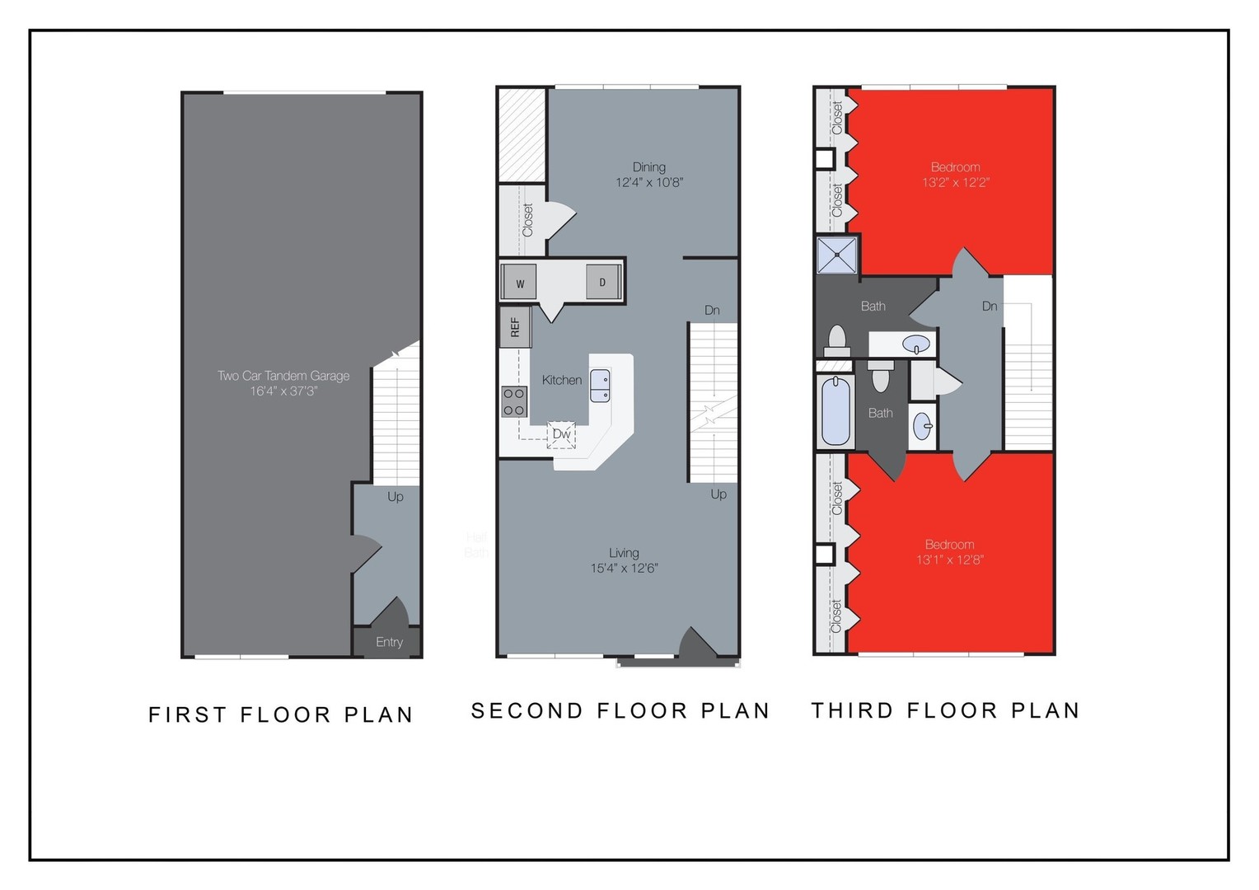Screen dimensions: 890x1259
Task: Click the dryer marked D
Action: pos(602,283)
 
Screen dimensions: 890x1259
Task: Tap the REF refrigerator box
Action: pos(515,327)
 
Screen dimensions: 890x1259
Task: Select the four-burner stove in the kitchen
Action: pos(514,401)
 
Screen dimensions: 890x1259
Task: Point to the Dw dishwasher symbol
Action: pos(561,434)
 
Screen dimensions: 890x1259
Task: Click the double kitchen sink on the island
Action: pos(600,386)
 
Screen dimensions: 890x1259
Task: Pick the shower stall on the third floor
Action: pos(837,255)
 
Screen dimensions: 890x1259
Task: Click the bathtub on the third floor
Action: pos(835,410)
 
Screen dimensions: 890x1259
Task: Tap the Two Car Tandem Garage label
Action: pos(283,376)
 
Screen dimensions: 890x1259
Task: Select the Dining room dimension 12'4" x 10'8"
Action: pos(649,182)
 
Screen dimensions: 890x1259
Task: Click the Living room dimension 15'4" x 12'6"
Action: pos(624,568)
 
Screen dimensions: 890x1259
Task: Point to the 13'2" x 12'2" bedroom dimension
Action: pos(955,182)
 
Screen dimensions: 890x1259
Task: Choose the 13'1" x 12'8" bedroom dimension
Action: pos(950,560)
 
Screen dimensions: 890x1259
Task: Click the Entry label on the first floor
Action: pos(389,642)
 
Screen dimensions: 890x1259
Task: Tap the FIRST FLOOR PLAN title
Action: pos(281,714)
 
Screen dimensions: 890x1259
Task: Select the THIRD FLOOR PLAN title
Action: pos(945,710)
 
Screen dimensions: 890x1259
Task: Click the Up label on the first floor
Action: pos(395,497)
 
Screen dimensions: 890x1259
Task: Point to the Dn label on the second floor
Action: pos(712,310)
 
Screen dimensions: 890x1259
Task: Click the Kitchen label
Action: pos(562,380)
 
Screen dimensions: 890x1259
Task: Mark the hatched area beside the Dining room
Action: pos(522,135)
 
